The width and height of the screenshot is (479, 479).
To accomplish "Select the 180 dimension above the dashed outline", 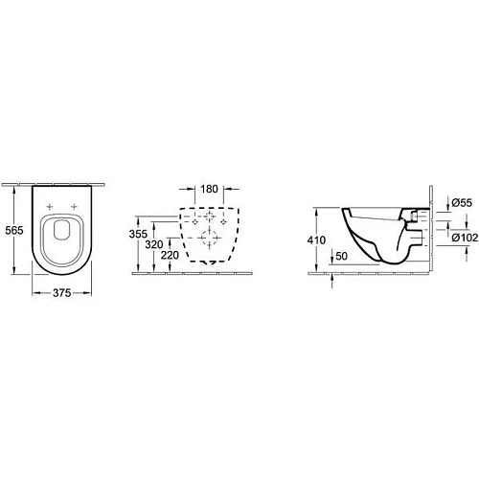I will (x=210, y=190).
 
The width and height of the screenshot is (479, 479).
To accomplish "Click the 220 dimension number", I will (x=170, y=256).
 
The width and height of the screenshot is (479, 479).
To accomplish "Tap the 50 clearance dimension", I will (x=340, y=256).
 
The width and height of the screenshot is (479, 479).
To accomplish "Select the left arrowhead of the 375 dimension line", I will (x=34, y=285).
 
